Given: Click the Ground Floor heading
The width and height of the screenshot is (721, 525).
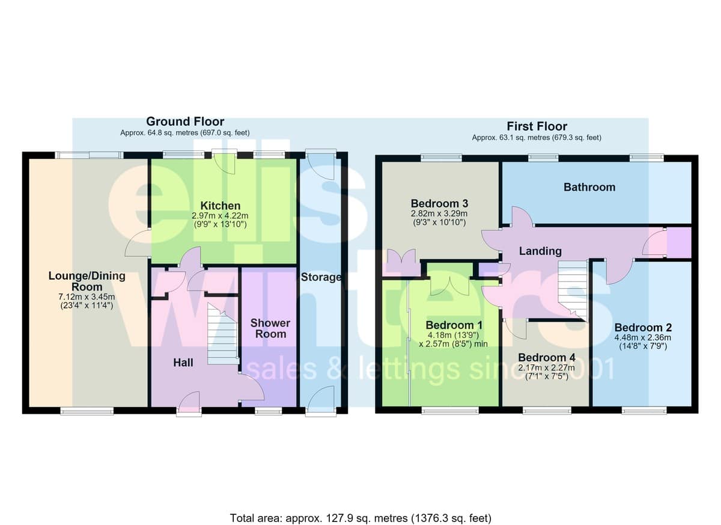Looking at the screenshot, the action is click(185, 121).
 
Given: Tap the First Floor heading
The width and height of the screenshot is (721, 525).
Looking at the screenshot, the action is click(537, 126).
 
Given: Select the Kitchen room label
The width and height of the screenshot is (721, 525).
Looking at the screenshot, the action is click(220, 206).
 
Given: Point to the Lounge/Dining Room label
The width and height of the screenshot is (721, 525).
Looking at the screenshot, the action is click(87, 281).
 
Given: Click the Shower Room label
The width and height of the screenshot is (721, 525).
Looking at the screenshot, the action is click(270, 328).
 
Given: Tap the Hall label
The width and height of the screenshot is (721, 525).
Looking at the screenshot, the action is click(183, 363).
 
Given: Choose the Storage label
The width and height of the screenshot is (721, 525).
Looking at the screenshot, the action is click(321, 277).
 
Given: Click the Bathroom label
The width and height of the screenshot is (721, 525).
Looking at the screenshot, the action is click(589, 187).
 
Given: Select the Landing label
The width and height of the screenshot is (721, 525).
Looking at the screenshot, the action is click(540, 251).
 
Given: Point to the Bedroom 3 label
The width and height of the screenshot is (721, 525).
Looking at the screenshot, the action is click(439, 203).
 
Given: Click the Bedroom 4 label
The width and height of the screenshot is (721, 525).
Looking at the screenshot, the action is click(547, 357).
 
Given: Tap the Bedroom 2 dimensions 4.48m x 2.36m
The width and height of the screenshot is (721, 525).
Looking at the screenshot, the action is click(643, 337).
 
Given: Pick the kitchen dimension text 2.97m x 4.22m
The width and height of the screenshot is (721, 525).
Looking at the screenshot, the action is click(220, 215).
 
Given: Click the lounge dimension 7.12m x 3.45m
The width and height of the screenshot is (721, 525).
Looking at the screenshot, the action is click(87, 296).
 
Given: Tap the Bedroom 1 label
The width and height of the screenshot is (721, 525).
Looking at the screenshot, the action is click(454, 325).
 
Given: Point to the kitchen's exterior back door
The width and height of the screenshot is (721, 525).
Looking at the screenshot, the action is click(224, 162).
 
